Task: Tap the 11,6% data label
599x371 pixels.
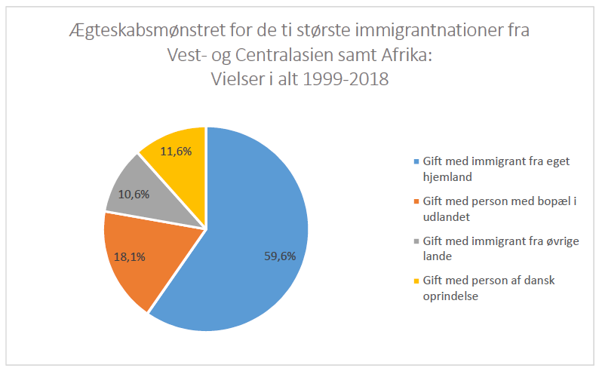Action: [174, 151]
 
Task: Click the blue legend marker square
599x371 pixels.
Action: [417, 161]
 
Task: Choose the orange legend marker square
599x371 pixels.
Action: [417, 201]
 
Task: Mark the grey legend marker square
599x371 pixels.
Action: [417, 241]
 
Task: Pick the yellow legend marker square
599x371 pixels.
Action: [417, 281]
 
